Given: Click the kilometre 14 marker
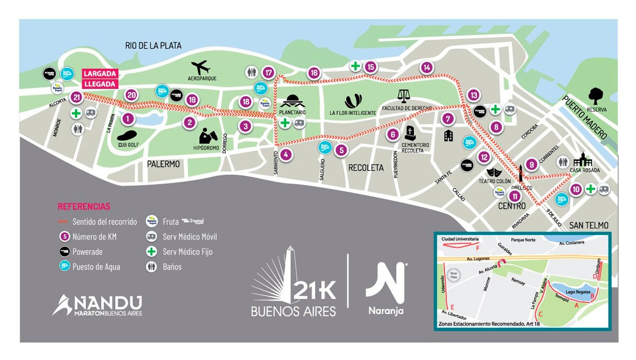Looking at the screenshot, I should click(427, 67).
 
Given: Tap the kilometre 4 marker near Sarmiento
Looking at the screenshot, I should click(285, 155).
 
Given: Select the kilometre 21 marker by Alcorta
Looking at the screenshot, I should click(77, 97).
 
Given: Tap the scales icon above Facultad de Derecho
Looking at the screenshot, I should click(404, 95).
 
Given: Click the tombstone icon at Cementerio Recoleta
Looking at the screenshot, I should click(410, 133).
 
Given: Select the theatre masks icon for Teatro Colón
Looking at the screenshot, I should click(494, 172).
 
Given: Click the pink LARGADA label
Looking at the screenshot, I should click(100, 73).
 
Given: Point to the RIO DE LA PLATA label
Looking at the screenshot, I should click(153, 46).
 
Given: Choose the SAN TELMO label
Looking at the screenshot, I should click(588, 225).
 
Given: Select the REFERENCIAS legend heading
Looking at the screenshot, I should click(84, 206).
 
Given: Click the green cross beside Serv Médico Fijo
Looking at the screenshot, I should click(152, 252).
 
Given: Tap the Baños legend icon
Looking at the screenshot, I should click(152, 267).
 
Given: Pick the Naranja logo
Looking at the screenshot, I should click(386, 289).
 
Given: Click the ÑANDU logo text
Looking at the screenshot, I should click(98, 304).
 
